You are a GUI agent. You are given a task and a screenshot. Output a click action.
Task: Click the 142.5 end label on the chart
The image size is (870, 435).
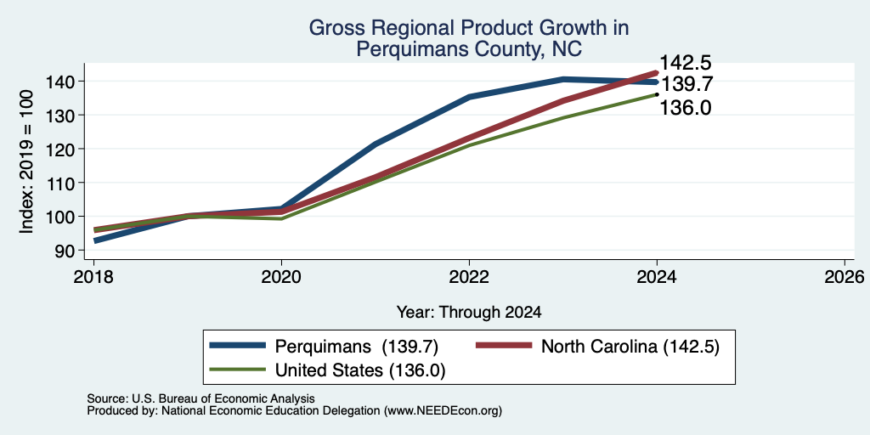pos(685,63)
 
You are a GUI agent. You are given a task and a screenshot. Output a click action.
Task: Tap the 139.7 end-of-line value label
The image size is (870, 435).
pos(686,84)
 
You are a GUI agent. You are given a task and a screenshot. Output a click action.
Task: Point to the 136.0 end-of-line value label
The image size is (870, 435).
pos(685,107)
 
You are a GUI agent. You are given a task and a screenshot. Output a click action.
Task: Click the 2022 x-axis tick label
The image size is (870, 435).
pos(469,276)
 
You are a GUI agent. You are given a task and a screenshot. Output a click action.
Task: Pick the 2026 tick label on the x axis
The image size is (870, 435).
pos(845,276)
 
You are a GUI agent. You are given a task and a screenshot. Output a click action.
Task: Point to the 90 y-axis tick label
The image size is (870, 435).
pos(64,251)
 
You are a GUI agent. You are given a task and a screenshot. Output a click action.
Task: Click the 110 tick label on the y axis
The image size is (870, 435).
pos(59,183)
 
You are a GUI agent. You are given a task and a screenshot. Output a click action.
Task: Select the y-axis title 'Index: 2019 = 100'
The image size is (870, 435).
pos(26,162)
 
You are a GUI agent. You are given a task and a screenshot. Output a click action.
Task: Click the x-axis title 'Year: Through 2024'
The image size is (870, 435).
pos(469,313)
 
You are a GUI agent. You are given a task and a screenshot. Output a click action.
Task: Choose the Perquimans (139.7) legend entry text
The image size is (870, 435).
pos(358,347)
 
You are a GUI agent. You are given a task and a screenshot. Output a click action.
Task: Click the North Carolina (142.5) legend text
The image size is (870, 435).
pos(630,347)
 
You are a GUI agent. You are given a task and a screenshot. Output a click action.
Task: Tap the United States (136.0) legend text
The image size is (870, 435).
pos(360,370)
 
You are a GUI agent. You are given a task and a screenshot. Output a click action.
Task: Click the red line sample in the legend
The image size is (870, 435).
pos(503,346)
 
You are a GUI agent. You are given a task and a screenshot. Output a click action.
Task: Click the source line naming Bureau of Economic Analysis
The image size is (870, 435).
pos(201,398)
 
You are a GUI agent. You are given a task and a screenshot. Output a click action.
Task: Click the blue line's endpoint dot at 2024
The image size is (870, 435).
pos(657,82)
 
